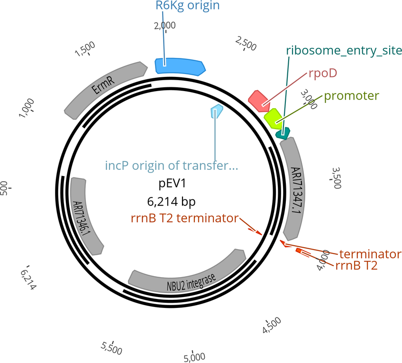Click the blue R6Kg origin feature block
point(180,67)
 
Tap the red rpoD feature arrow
point(258,101)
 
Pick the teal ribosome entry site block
point(283,133)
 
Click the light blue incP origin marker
point(217,112)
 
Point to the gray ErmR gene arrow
point(105,90)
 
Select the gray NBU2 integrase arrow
point(187,272)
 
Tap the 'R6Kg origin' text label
point(188,5)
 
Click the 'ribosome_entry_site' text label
point(344,50)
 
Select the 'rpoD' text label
point(323,73)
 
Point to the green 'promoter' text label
point(351,96)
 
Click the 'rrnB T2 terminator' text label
point(184,218)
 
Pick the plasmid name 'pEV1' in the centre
point(172,184)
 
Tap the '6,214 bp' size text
point(171,202)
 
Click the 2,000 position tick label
point(165,26)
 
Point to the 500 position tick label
point(4,188)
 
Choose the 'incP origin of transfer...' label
point(172,166)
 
